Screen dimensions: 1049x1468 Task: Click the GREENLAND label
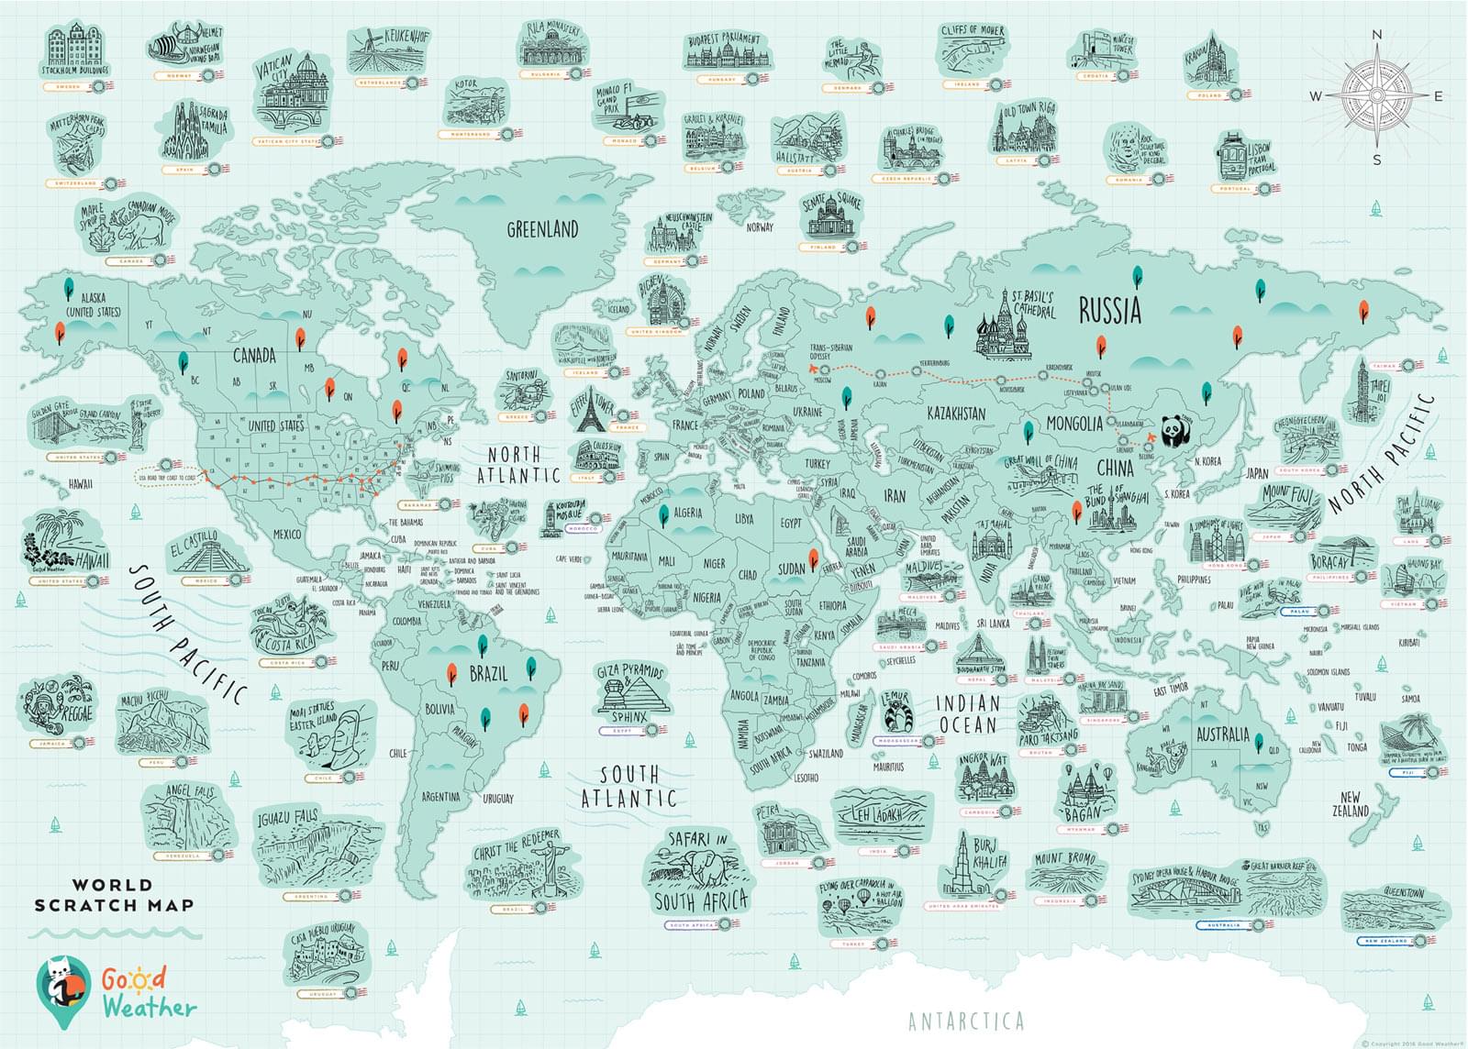543,229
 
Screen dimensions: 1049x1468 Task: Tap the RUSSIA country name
1109,311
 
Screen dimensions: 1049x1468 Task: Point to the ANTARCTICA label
965,1021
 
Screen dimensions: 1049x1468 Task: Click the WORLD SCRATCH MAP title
114,895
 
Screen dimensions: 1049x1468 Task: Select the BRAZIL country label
488,674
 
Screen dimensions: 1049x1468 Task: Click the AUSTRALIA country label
1222,734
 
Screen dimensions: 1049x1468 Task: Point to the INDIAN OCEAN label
967,714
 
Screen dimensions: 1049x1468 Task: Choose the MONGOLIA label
1074,425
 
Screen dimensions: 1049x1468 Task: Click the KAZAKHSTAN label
956,414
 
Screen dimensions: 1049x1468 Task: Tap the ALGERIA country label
687,513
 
